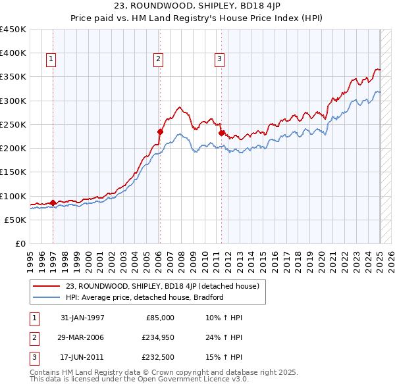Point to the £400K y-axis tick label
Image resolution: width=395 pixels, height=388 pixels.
pos(13,53)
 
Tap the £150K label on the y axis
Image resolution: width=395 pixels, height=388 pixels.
pos(13,172)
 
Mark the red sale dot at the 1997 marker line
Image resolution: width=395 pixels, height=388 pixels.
pos(53,203)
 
